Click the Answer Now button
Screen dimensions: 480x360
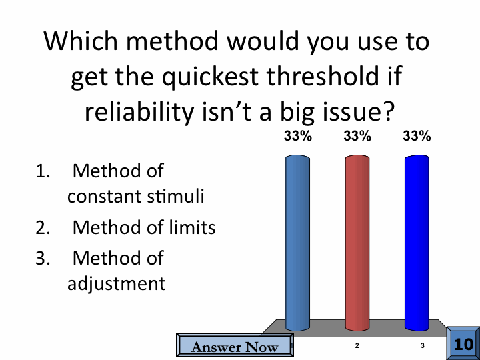(x=235, y=345)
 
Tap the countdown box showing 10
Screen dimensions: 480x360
(x=463, y=343)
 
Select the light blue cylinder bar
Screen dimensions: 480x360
(x=297, y=243)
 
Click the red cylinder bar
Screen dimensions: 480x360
(x=357, y=243)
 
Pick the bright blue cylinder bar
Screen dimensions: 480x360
(x=417, y=243)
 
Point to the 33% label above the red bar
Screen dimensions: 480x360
(x=357, y=136)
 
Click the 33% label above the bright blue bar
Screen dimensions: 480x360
(x=417, y=136)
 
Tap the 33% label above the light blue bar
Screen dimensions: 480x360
(x=297, y=136)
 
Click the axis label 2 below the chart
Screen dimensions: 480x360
(x=357, y=345)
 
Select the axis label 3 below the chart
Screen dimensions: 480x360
(x=423, y=345)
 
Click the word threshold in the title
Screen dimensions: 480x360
(x=323, y=76)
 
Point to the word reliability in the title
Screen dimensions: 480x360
(x=139, y=112)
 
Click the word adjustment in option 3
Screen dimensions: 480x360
(x=116, y=284)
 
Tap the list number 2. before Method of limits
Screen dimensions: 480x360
(x=43, y=228)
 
